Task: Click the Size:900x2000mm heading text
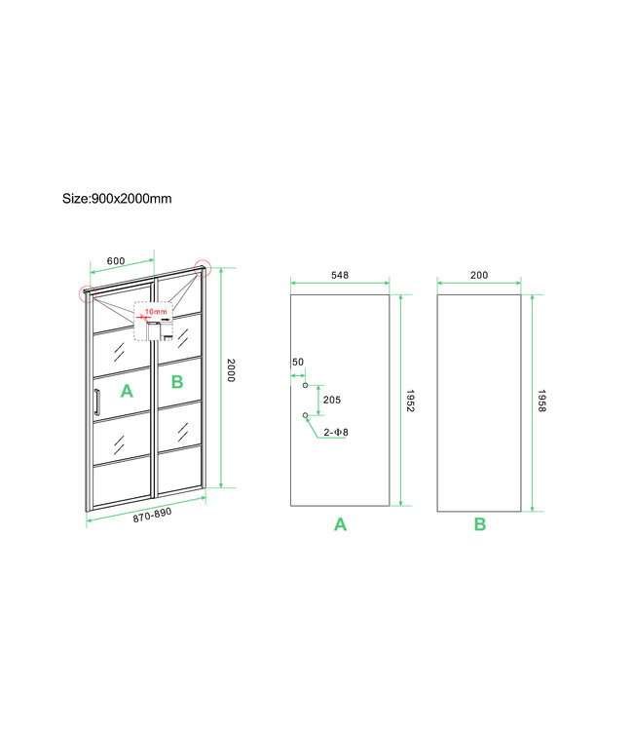point(117,199)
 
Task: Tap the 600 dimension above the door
point(115,261)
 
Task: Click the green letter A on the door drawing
point(125,391)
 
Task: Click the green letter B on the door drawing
point(176,382)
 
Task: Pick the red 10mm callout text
point(155,313)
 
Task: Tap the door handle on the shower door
point(96,403)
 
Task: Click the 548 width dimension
point(340,276)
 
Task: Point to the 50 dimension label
point(298,363)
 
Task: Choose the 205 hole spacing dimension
point(330,401)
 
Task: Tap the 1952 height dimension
point(411,399)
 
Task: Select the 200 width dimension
point(479,276)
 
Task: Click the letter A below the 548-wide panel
point(340,525)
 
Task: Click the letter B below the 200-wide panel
point(480,525)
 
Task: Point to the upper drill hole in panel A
point(305,386)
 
